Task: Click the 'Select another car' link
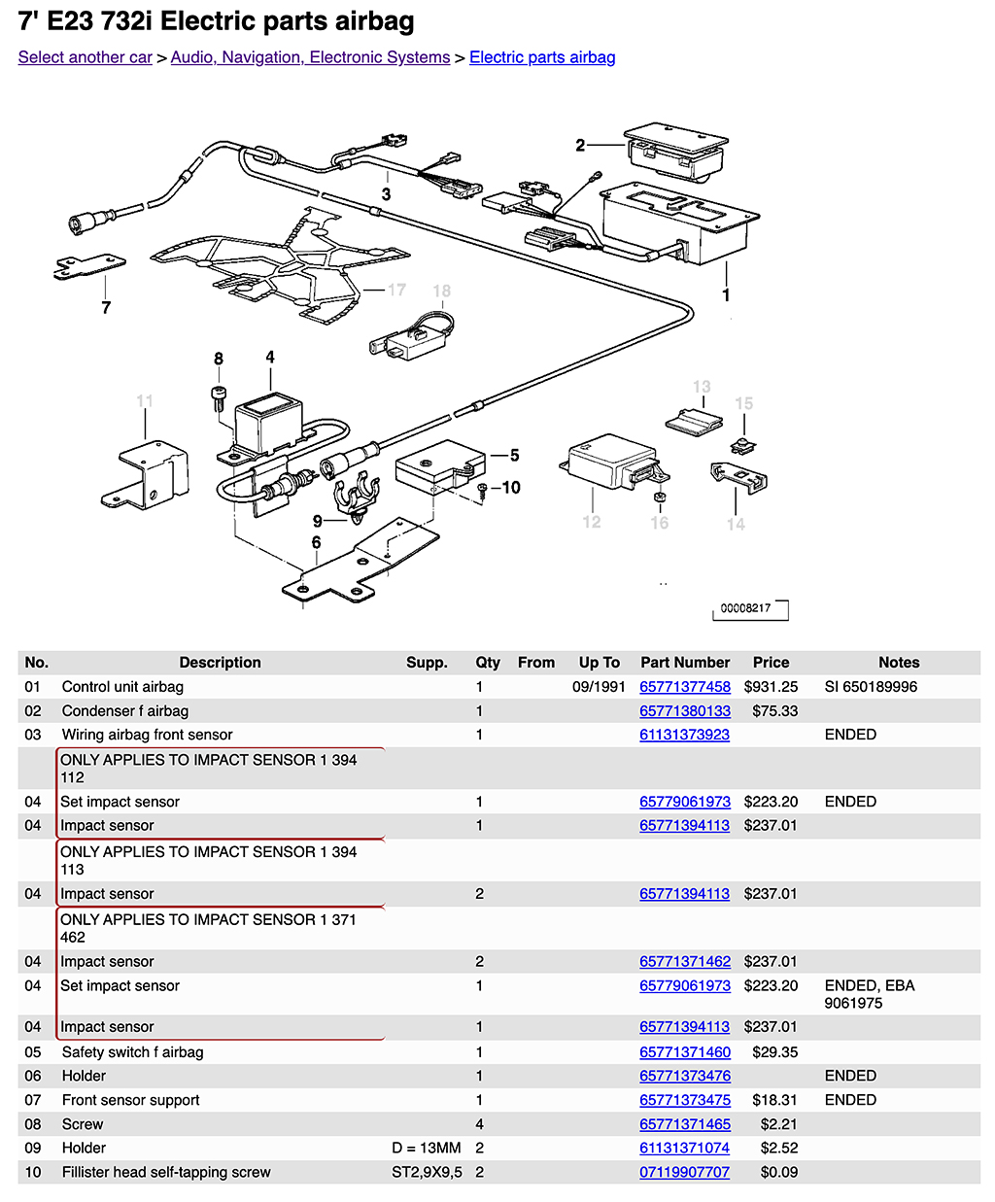click(x=85, y=57)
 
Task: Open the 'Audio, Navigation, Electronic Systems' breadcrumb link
click(x=310, y=57)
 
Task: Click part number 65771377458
click(x=684, y=687)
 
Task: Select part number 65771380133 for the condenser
click(x=684, y=711)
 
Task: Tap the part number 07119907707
click(x=684, y=1173)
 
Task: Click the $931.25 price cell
click(x=771, y=687)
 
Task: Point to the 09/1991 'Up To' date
click(x=599, y=687)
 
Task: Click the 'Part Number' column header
click(x=684, y=663)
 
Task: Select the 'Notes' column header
click(x=898, y=663)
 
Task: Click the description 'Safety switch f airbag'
click(x=132, y=1052)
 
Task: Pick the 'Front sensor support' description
click(x=130, y=1100)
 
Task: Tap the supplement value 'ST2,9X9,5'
click(x=427, y=1173)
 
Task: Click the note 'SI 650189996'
click(x=871, y=687)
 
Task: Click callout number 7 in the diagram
click(x=106, y=308)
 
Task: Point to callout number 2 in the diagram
click(x=580, y=146)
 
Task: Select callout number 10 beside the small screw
click(x=511, y=488)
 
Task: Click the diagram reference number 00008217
click(x=745, y=608)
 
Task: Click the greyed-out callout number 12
click(x=591, y=522)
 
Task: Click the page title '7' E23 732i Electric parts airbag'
click(x=216, y=21)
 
